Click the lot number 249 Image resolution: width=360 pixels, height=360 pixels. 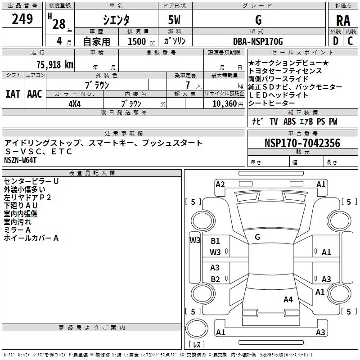click(x=22, y=19)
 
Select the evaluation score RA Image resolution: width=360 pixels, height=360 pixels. click(x=343, y=20)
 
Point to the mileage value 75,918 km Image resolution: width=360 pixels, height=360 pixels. click(x=54, y=65)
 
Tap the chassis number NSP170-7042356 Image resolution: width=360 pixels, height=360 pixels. click(x=302, y=143)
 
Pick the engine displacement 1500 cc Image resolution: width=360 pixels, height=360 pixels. click(x=140, y=42)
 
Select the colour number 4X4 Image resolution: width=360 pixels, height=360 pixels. click(x=74, y=103)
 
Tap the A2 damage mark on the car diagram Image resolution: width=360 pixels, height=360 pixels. click(x=220, y=184)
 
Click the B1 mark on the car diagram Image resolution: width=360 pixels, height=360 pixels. click(x=215, y=241)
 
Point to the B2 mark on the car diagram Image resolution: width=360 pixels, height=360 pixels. click(x=215, y=279)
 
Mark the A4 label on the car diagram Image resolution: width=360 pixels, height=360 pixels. click(x=288, y=299)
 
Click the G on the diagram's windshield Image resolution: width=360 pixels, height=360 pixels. click(x=257, y=237)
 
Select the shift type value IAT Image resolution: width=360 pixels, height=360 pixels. click(x=13, y=94)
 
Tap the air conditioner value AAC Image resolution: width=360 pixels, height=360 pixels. click(x=35, y=94)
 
